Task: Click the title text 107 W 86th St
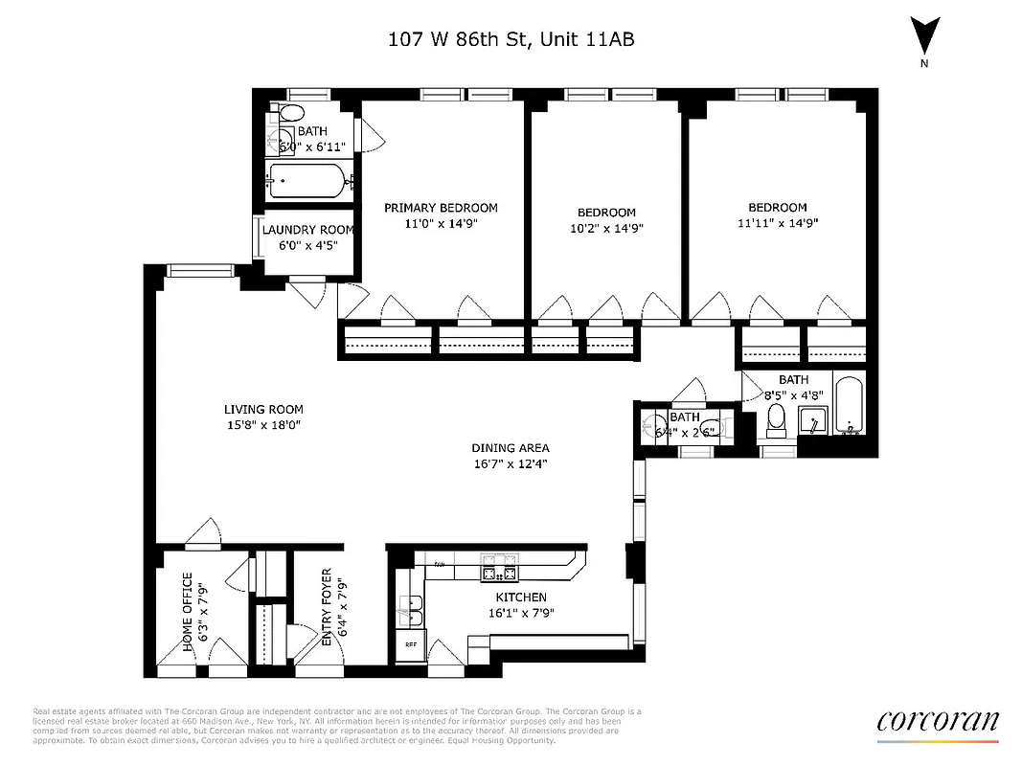(511, 39)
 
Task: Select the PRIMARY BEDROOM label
(441, 208)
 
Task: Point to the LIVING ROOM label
(262, 409)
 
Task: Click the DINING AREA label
(511, 448)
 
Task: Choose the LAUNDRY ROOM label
(308, 230)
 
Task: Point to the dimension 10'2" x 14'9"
(605, 228)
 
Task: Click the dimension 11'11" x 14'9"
(778, 223)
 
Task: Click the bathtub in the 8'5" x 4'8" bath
(850, 406)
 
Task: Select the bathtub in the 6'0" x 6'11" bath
(307, 179)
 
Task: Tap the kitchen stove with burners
(497, 573)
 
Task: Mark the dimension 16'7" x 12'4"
(511, 463)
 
